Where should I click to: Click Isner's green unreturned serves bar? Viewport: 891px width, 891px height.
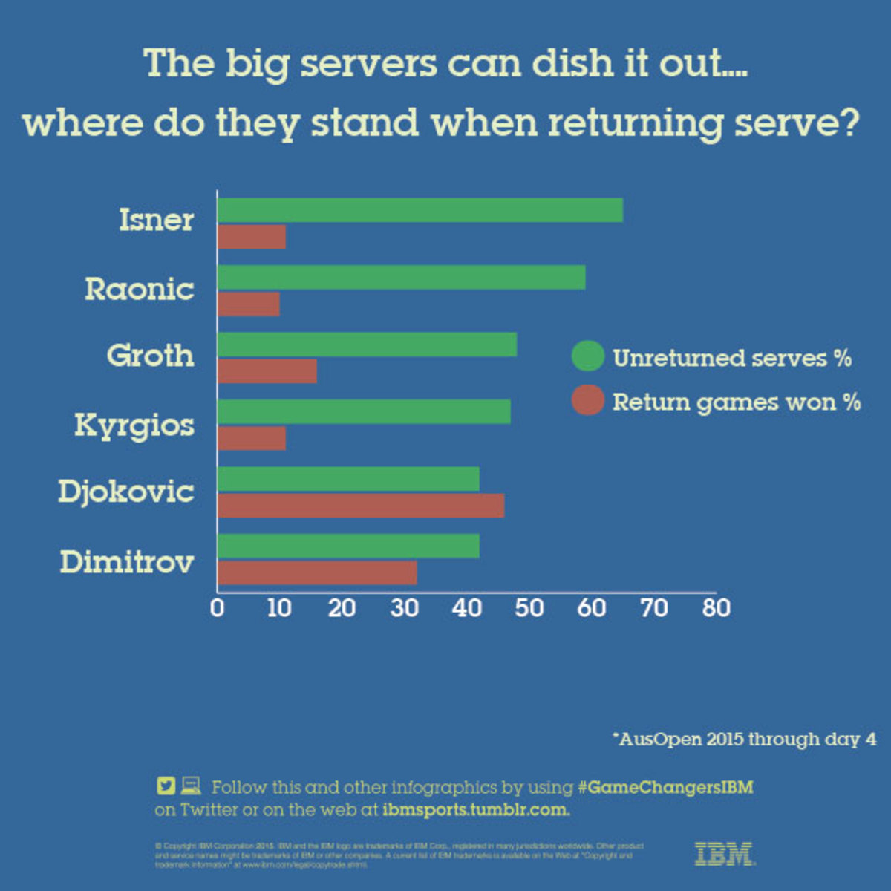coord(420,211)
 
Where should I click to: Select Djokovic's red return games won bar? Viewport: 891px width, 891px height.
coord(361,506)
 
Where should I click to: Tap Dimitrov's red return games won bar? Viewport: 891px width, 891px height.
coord(317,572)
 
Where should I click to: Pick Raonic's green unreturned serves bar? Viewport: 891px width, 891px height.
coord(401,278)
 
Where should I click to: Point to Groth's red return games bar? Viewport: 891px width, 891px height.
coord(267,371)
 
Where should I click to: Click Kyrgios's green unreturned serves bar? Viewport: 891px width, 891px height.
coord(364,412)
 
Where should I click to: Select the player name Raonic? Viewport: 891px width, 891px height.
coord(140,289)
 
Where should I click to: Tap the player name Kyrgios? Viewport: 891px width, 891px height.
coord(134,425)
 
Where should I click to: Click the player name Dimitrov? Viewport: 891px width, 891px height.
coord(127,562)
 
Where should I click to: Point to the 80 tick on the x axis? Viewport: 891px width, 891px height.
coord(716,608)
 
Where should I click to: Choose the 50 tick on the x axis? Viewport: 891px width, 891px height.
coord(529,608)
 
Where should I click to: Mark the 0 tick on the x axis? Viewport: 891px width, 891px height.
coord(217,608)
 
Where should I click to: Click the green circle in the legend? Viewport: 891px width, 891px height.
coord(588,356)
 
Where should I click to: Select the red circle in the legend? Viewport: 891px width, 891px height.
coord(588,401)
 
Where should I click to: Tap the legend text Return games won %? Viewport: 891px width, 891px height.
coord(736,402)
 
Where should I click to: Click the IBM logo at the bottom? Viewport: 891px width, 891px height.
coord(725,854)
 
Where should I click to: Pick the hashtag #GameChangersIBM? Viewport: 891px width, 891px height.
coord(665,787)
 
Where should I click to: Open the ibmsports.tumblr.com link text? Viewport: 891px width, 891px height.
coord(476,809)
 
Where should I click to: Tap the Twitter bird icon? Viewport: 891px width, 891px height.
coord(166,786)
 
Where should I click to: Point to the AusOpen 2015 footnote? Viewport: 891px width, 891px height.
coord(744,740)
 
